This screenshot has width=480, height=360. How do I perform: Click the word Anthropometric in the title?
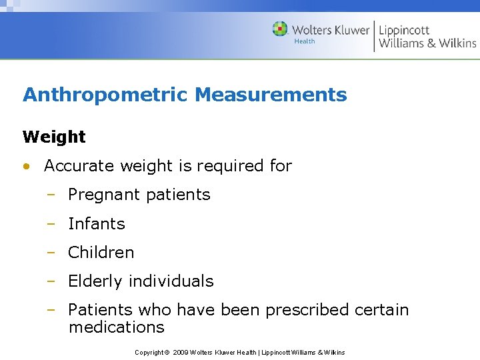coord(105,95)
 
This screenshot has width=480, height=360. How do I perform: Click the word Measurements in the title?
coord(271,95)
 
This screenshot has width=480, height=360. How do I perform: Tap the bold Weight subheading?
coord(54,137)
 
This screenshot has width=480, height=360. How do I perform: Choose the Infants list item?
coord(97,224)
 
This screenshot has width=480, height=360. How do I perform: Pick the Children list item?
coord(101,253)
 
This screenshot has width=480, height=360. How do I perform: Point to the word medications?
coord(116,327)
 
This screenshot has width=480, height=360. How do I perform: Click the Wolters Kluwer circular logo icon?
coord(280,29)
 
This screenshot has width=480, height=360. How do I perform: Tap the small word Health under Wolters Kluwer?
coord(304,41)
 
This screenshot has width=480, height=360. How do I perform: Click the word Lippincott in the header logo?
coord(404,30)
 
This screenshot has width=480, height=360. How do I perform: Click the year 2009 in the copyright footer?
coord(181,352)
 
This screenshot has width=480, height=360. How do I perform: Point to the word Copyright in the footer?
coord(149,352)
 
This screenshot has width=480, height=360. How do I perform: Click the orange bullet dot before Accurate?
coord(26,167)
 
